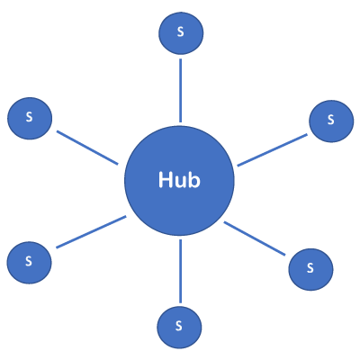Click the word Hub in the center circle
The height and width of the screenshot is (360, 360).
pos(179,180)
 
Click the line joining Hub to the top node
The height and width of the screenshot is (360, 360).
pos(180,89)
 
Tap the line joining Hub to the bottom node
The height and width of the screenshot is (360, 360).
pos(180,271)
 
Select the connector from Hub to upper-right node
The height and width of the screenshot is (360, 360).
pos(273,150)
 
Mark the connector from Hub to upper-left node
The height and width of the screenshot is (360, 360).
pos(87,148)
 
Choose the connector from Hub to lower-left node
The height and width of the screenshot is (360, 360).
pos(91,232)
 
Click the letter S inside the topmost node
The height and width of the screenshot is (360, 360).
pos(180,32)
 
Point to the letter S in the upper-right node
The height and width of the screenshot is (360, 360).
pos(330,120)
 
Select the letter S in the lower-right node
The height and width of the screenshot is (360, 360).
pos(310,268)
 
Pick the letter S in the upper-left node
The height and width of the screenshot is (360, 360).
pos(29,118)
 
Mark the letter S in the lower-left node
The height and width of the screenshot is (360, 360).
pos(29,262)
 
